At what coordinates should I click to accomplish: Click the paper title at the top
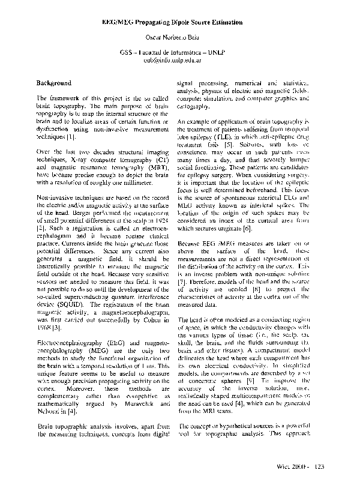(181, 22)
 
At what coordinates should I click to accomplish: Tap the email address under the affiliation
(181, 61)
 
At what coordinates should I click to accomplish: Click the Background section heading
(54, 83)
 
